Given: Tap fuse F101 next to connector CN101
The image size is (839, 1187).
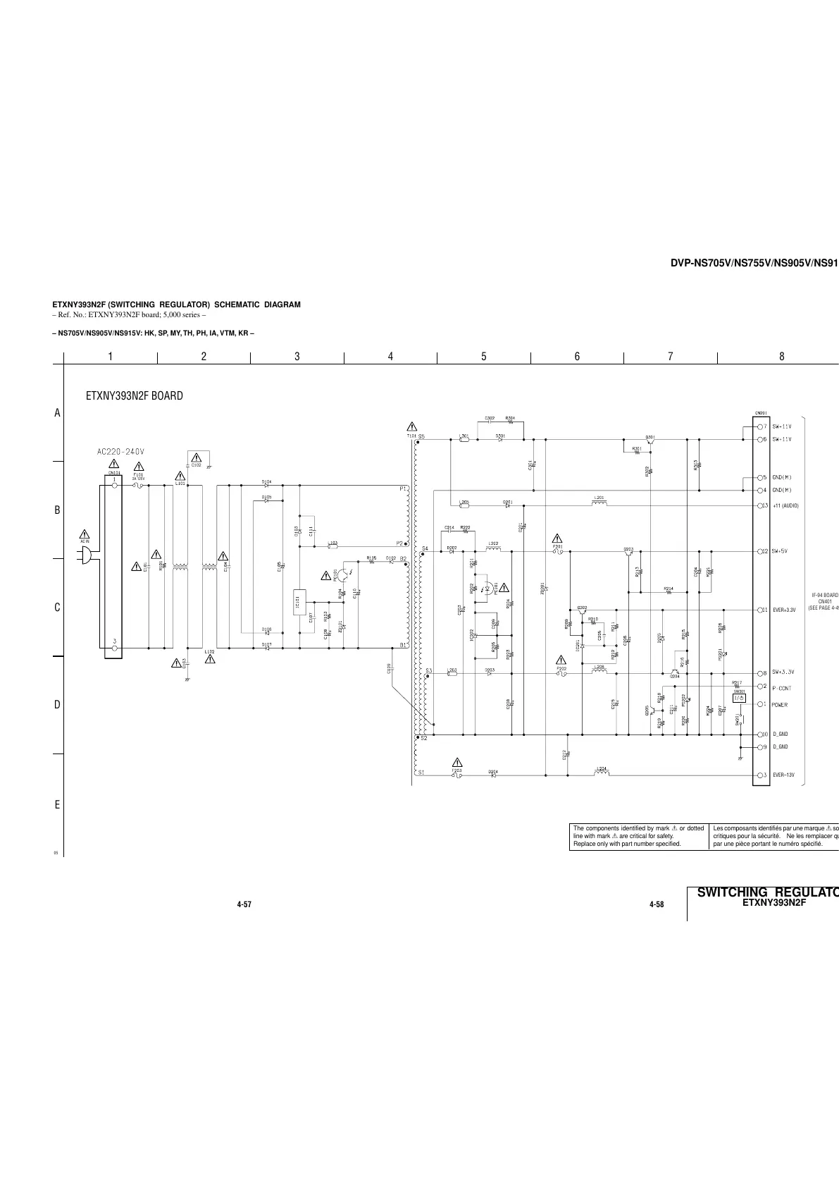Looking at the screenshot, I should (139, 485).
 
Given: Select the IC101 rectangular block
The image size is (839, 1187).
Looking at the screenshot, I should (299, 600).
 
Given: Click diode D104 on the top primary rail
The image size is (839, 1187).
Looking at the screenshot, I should (266, 485).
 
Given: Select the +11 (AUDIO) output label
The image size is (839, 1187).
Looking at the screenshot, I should (785, 506).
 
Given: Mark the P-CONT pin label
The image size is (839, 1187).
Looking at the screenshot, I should (782, 688).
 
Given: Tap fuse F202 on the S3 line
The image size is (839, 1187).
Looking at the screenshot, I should (561, 672).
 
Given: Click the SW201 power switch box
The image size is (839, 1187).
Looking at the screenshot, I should (739, 697).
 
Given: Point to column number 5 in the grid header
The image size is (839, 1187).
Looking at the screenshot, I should (484, 357).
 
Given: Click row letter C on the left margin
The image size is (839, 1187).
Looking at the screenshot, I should (58, 608).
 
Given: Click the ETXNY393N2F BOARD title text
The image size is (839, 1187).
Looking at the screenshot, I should (134, 396).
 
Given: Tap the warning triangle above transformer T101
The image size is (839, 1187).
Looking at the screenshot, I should (412, 427).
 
